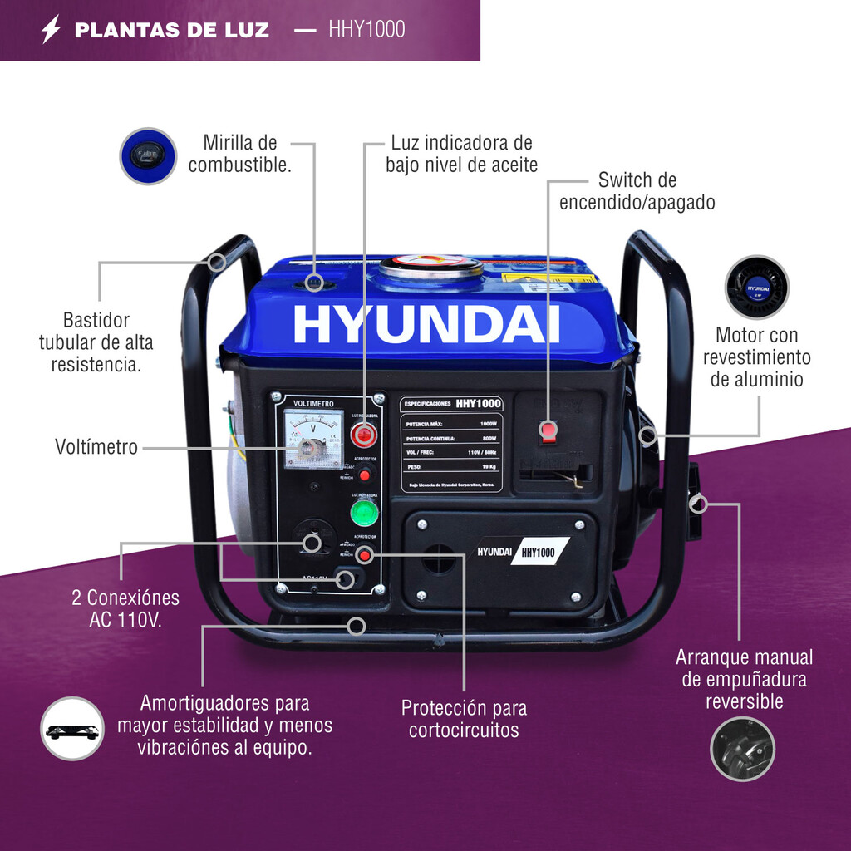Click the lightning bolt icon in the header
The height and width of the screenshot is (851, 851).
(52, 30)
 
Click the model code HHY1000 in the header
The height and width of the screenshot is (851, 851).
(366, 30)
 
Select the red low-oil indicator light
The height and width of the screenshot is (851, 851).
(363, 434)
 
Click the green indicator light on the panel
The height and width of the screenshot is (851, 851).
(363, 513)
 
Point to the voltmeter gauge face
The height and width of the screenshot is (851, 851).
(312, 439)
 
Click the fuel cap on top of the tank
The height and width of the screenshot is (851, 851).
(431, 268)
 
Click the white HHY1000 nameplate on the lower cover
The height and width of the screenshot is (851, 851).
(539, 551)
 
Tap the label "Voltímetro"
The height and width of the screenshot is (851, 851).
(96, 447)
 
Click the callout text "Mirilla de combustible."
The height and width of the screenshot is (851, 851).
(239, 154)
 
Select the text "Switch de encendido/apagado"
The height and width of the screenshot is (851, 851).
(637, 191)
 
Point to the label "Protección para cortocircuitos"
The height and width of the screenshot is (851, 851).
(464, 719)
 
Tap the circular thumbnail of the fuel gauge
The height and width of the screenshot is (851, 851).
(148, 155)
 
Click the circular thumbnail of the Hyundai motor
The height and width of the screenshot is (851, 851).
(756, 287)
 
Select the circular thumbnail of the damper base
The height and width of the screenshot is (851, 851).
(72, 729)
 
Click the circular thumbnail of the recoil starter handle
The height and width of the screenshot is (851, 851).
(742, 748)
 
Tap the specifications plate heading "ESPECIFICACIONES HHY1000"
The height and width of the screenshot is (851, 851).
(452, 404)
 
